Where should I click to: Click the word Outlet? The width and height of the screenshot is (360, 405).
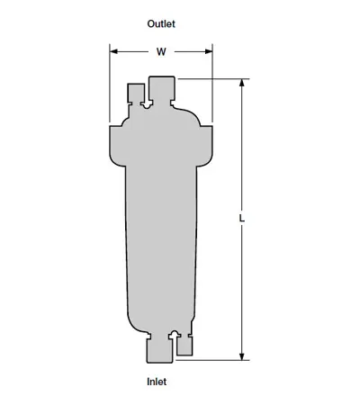[x=161, y=23]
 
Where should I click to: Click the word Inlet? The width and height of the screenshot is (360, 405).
[x=157, y=382]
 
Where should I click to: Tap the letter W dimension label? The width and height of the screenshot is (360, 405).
[x=161, y=52]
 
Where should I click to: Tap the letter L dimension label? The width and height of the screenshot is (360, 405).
[x=242, y=218]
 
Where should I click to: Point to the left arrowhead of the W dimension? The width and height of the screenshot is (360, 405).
[x=113, y=51]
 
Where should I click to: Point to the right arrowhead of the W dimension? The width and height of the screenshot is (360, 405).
[x=209, y=51]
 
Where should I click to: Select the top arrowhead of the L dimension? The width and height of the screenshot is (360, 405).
[x=242, y=83]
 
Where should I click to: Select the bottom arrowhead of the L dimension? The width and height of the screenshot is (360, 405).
[x=242, y=356]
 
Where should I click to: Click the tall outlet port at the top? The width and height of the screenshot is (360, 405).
[x=162, y=89]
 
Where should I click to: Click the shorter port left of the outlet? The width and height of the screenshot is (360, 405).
[x=136, y=94]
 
